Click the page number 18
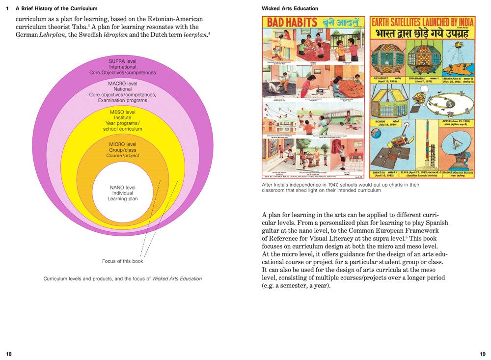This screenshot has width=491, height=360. [9, 354]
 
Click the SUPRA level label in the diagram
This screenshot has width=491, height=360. [122, 61]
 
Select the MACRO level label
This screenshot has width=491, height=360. [123, 83]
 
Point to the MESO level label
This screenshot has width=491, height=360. [123, 112]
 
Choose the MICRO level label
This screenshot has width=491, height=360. [123, 144]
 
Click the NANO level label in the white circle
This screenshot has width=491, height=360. [123, 188]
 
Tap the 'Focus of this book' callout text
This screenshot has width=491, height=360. [123, 261]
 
